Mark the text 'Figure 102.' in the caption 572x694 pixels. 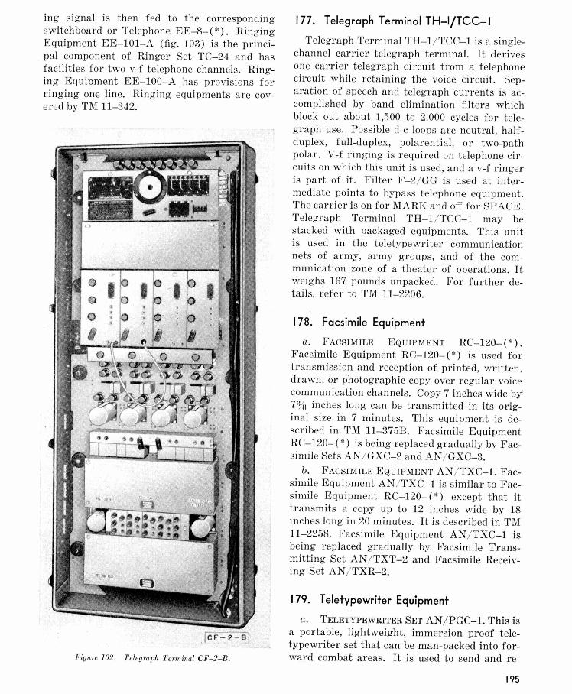(x=97, y=657)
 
